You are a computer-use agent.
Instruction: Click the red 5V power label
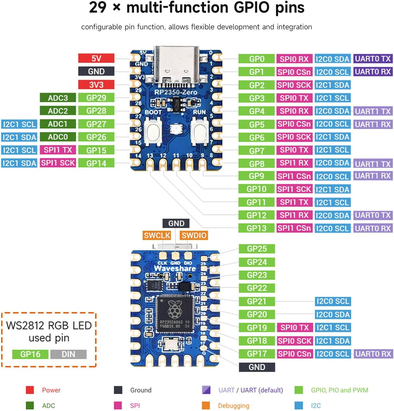pyautogui.click(x=96, y=58)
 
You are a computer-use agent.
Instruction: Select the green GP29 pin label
pyautogui.click(x=96, y=98)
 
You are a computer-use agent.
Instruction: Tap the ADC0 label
pyautogui.click(x=58, y=137)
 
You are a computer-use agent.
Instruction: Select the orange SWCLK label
pyautogui.click(x=157, y=235)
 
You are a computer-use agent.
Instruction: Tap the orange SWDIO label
pyautogui.click(x=194, y=235)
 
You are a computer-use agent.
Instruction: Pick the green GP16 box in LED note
pyautogui.click(x=30, y=354)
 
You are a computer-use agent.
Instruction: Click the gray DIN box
pyautogui.click(x=68, y=354)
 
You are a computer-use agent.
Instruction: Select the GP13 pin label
pyautogui.click(x=256, y=228)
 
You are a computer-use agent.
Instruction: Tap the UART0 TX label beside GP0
pyautogui.click(x=373, y=59)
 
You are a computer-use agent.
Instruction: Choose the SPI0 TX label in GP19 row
pyautogui.click(x=294, y=327)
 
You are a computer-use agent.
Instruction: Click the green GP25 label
pyautogui.click(x=257, y=249)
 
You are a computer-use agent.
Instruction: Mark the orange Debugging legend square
pyautogui.click(x=206, y=405)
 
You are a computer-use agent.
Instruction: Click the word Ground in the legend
pyautogui.click(x=141, y=390)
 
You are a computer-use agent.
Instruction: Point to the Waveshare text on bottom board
pyautogui.click(x=175, y=269)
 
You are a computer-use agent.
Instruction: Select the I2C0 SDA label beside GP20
pyautogui.click(x=333, y=314)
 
